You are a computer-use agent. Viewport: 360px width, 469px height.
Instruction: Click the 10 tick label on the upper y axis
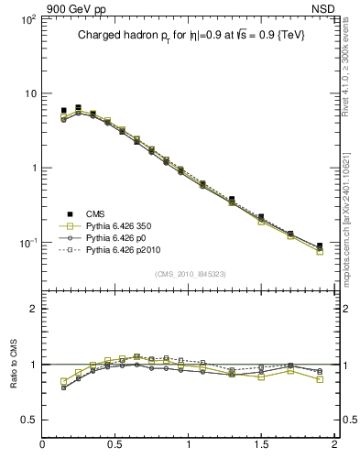29,93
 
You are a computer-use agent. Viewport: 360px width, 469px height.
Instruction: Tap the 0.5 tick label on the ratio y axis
27,420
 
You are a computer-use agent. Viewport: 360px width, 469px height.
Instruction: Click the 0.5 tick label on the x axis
115,446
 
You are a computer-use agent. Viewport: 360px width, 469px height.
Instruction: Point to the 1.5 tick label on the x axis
261,446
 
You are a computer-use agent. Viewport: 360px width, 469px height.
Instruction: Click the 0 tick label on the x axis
42,446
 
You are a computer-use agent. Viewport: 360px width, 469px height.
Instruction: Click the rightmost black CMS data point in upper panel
320,245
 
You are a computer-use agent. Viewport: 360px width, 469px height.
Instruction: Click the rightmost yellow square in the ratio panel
320,378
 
